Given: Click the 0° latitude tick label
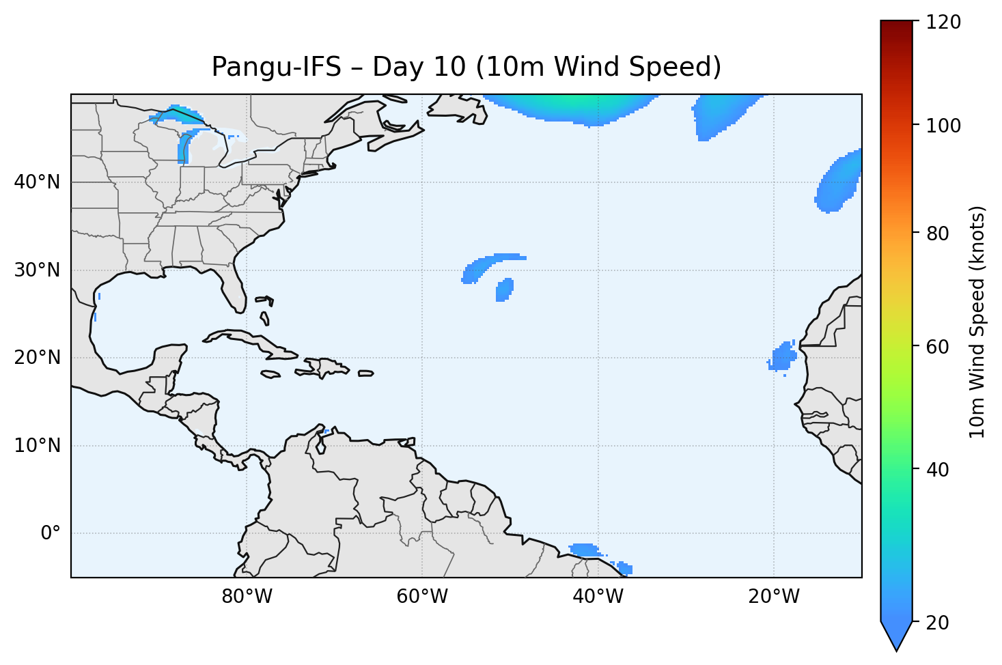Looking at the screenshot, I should point(51,533).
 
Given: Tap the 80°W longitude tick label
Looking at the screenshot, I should point(247,597).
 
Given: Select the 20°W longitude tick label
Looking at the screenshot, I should point(774,597).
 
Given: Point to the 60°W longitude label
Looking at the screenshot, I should point(422,597).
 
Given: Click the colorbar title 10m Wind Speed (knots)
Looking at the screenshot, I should point(977,322).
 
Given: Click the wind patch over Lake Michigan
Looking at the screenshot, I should point(184,149).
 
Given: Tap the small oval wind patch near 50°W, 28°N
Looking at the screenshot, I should point(504,289).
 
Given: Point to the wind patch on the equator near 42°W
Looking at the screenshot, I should point(583,550).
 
